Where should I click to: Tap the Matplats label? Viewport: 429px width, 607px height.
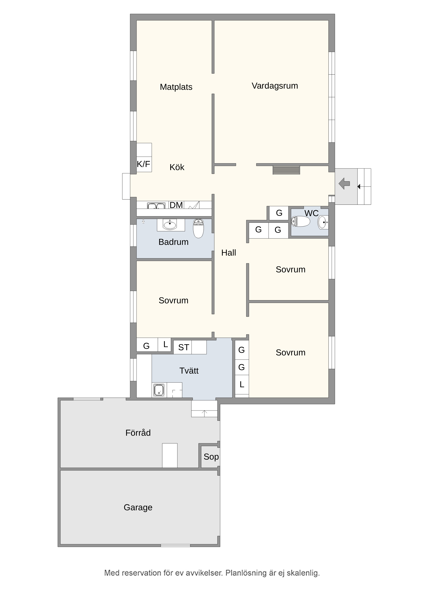(176, 87)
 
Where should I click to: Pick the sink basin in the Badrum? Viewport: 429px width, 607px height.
(170, 225)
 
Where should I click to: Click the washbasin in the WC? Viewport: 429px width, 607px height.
(323, 222)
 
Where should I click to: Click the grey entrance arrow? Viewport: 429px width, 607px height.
(344, 183)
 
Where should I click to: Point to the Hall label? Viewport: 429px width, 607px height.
(229, 253)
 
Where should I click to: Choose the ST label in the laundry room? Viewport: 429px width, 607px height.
(184, 347)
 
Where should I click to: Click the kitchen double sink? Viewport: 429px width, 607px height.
(156, 206)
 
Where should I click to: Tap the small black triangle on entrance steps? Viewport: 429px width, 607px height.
(359, 187)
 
